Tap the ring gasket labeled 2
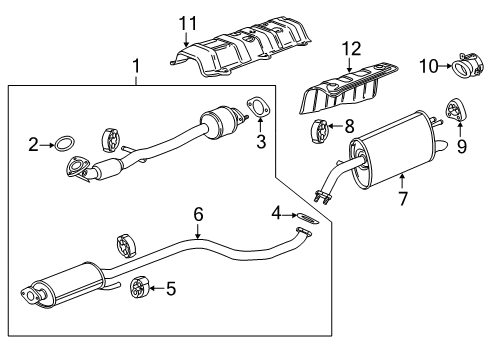64,144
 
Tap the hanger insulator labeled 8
322,129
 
